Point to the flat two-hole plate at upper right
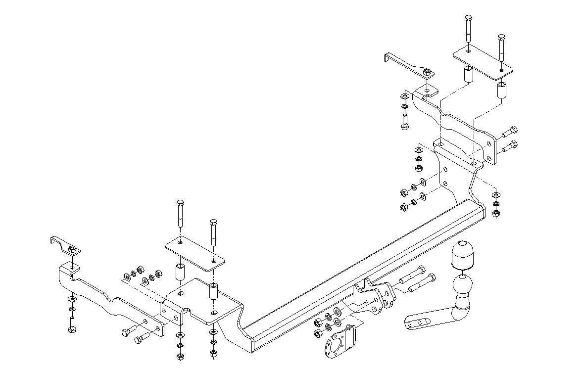(x=483, y=62)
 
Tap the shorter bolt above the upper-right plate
(x=501, y=47)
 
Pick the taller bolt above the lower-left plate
(x=180, y=213)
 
